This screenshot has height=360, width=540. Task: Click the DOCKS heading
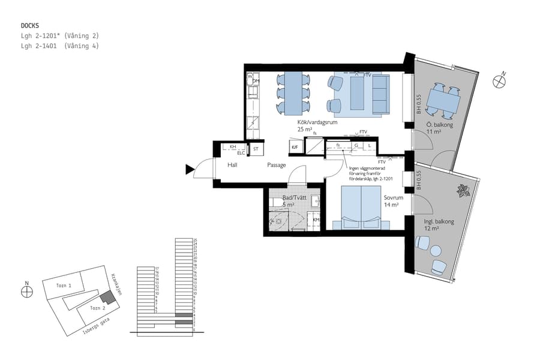point(29,26)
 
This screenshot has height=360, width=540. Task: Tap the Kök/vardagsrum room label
point(317,122)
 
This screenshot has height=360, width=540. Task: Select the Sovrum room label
point(393,197)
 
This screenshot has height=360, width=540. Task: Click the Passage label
point(276,165)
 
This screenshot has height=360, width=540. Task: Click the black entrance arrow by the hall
point(190,170)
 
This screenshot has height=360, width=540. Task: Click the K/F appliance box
point(295,147)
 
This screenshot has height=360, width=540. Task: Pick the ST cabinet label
point(256,148)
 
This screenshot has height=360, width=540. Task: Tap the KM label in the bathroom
point(316,220)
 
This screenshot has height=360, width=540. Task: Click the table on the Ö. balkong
point(443,103)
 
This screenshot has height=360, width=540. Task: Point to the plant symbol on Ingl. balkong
point(463,191)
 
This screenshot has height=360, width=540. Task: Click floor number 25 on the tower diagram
point(195,240)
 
